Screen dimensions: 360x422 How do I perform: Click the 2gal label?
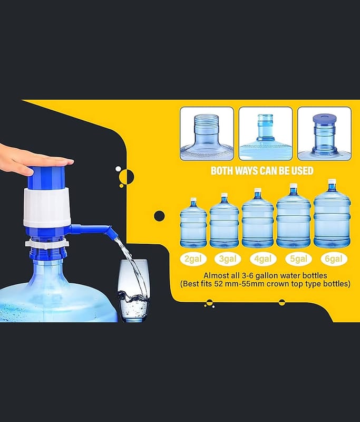(x=193, y=259)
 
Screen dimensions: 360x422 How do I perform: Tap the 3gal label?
(x=228, y=259)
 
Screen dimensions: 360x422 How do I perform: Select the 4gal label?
(x=263, y=259)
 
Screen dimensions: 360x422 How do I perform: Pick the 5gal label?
(x=298, y=259)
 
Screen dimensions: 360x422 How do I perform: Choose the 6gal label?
(x=334, y=259)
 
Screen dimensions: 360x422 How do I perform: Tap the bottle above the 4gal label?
(x=258, y=218)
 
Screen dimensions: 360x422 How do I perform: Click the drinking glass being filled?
(x=133, y=291)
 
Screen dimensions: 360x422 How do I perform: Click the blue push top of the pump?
(x=47, y=176)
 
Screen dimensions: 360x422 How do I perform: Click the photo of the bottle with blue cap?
(x=324, y=134)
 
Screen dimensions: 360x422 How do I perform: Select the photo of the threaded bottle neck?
(x=207, y=134)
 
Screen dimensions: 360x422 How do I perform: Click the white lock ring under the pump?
(x=47, y=244)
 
